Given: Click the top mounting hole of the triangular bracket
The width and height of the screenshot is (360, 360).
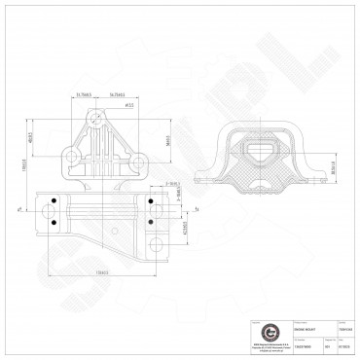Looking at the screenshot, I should point(95,119).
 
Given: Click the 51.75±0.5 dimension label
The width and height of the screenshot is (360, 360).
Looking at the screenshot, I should point(86,95).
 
